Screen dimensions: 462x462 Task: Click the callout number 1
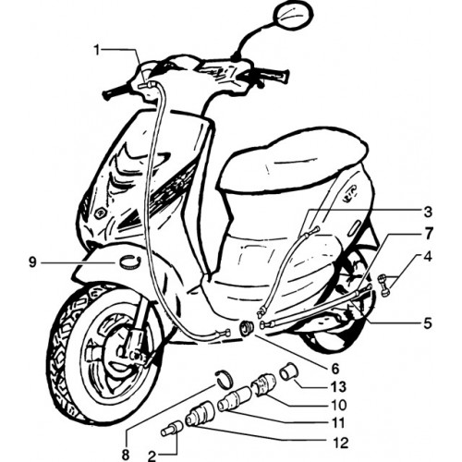coord(97,50)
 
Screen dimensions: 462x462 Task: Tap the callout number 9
coord(32,262)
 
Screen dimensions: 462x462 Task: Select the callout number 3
coord(427,212)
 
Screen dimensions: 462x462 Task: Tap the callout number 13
coord(338,386)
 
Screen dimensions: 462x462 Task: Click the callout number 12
coord(340,443)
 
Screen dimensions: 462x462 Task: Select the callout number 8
coord(126,455)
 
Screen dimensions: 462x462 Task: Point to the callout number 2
coord(153,456)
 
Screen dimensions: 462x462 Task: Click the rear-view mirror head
coord(295,18)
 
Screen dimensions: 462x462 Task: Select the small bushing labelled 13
coord(287,371)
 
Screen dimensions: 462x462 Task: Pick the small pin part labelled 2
coord(171,429)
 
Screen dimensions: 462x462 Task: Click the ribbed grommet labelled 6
coord(247,328)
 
